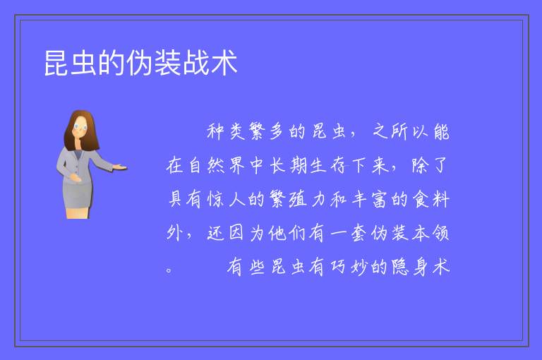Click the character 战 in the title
[x=196, y=63]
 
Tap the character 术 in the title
[x=224, y=63]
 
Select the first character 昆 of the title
[x=57, y=63]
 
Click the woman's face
[x=80, y=126]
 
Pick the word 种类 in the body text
[x=226, y=131]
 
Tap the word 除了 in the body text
[x=430, y=165]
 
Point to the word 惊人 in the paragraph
[x=227, y=200]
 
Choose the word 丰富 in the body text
[x=369, y=200]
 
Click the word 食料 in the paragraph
[x=431, y=200]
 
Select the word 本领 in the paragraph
[x=430, y=233]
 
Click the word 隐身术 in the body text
[x=421, y=267]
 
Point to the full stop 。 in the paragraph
[x=169, y=270]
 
